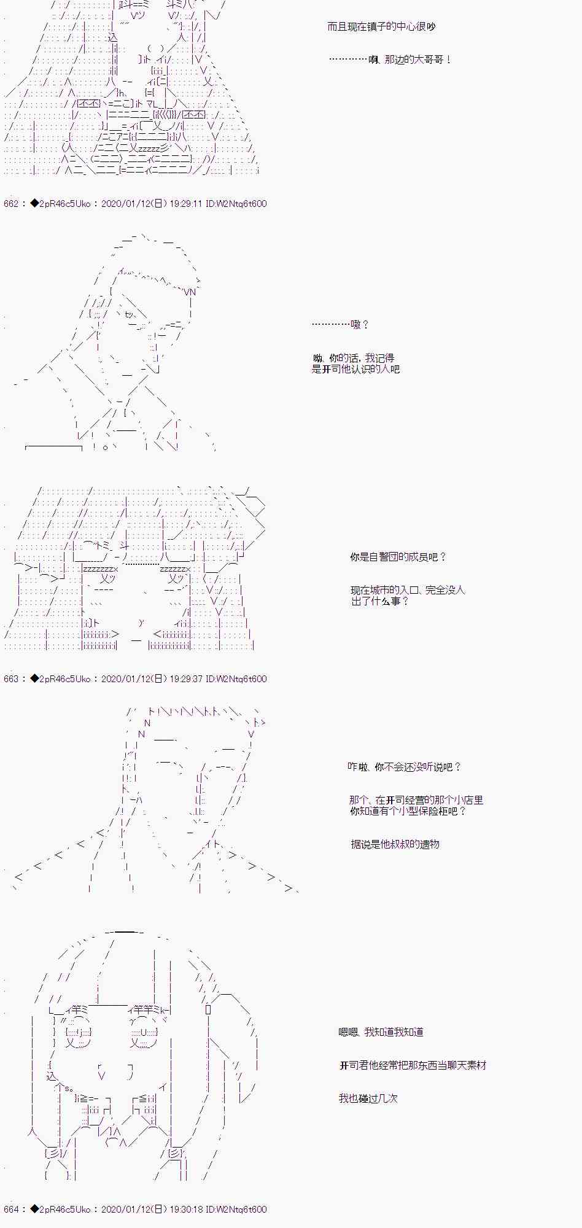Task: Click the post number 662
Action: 11,204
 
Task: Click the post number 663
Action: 11,679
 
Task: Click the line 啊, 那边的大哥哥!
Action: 390,60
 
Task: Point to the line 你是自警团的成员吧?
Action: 398,558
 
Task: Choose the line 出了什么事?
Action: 380,602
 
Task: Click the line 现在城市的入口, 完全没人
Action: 408,591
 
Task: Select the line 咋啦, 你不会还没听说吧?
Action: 404,767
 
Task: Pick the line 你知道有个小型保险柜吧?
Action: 408,812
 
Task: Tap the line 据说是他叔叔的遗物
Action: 395,845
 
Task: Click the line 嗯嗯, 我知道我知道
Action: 381,1033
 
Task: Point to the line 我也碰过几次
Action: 368,1099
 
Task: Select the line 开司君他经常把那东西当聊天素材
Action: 413,1066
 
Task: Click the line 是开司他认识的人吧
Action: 355,370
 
